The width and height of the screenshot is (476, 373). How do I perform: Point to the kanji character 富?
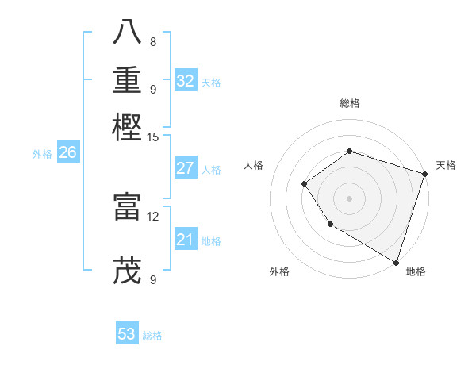coord(127,205)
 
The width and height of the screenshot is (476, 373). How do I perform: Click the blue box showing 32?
coord(186,81)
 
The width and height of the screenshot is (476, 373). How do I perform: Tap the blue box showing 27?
coord(186,168)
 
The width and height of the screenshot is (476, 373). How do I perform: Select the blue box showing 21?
coord(186,240)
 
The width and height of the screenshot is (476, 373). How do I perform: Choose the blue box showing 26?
coord(67,153)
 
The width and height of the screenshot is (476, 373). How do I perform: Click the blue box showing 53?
coord(127,334)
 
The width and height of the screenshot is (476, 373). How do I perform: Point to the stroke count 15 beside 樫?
coord(153,137)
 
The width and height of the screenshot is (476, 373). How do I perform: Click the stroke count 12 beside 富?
coord(153,216)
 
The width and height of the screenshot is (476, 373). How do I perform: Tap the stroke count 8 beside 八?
coord(153,41)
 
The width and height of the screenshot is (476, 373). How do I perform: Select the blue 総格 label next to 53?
coord(152,336)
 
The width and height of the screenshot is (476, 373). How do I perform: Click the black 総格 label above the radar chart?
coord(349,104)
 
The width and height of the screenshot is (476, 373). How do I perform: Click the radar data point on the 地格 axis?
coord(396,262)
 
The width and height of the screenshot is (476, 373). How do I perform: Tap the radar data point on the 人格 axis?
coord(304,184)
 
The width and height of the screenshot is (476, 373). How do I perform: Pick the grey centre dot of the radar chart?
coord(349,198)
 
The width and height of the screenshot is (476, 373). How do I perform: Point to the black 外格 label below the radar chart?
coord(279,272)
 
